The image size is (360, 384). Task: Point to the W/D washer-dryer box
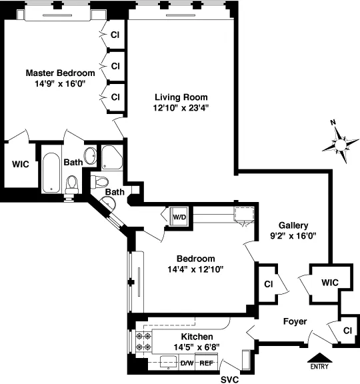179,217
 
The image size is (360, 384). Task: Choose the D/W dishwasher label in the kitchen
187,363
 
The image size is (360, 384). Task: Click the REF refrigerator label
207,363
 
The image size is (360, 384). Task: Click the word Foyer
294,321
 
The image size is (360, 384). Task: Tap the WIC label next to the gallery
329,283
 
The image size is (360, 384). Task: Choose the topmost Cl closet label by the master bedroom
115,35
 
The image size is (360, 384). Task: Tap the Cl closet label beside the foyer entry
347,331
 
